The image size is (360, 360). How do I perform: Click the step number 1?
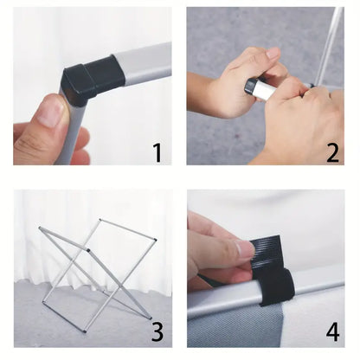pyautogui.click(x=157, y=152)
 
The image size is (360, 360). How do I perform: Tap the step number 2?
pyautogui.click(x=332, y=152)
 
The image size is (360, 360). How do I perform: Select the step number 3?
pyautogui.click(x=157, y=331)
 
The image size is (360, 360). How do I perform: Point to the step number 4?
pyautogui.click(x=332, y=331)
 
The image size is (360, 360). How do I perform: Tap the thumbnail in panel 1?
pyautogui.click(x=51, y=112)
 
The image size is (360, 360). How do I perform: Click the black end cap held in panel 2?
pyautogui.click(x=249, y=87)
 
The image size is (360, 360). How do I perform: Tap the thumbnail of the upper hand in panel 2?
pyautogui.click(x=273, y=54)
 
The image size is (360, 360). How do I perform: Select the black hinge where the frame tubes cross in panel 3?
pyautogui.click(x=88, y=250)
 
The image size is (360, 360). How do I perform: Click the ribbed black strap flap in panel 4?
pyautogui.click(x=267, y=251)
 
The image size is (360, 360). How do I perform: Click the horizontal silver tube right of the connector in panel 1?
pyautogui.click(x=145, y=63)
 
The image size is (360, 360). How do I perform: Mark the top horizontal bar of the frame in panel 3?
pyautogui.click(x=128, y=229)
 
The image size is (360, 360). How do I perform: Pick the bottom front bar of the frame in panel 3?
pyautogui.click(x=64, y=317)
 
